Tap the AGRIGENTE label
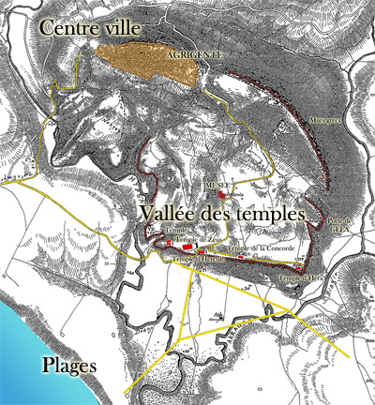pyautogui.click(x=192, y=55)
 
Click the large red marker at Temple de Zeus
pyautogui.click(x=170, y=243)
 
